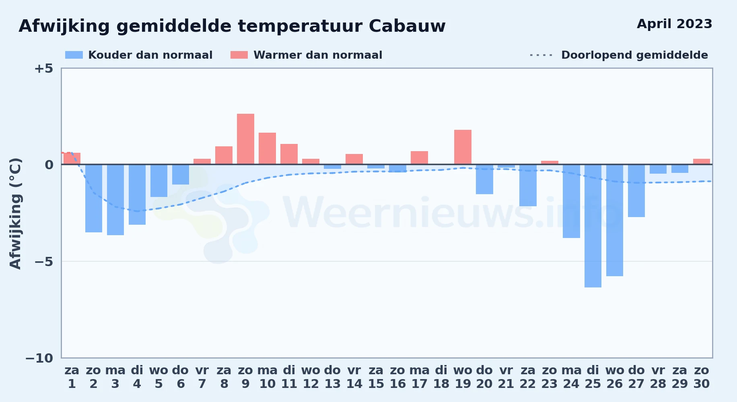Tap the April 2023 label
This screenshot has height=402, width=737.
[x=674, y=24]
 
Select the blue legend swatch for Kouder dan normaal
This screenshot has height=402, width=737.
[x=74, y=55]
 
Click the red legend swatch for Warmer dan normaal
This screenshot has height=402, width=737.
[x=239, y=55]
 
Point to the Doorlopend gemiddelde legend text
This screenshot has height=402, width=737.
[x=634, y=55]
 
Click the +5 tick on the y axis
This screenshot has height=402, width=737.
[x=43, y=68]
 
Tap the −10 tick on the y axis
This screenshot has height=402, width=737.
[x=39, y=358]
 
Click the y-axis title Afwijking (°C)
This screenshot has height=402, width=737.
[x=15, y=213]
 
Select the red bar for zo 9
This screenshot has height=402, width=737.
[x=245, y=139]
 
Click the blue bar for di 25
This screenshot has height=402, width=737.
[x=593, y=226]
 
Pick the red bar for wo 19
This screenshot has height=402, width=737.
[x=463, y=147]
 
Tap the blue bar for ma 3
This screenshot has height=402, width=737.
[x=115, y=200]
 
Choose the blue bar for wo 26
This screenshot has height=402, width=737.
[x=615, y=220]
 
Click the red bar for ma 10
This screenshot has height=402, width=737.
[x=267, y=149]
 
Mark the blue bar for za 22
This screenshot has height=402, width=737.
[x=528, y=185]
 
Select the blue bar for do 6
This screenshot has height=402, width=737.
[x=181, y=174]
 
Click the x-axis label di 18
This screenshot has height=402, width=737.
[x=441, y=377]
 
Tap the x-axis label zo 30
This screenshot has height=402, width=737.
[x=701, y=377]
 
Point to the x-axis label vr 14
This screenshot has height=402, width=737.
[x=354, y=377]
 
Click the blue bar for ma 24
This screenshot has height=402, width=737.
[x=571, y=201]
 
